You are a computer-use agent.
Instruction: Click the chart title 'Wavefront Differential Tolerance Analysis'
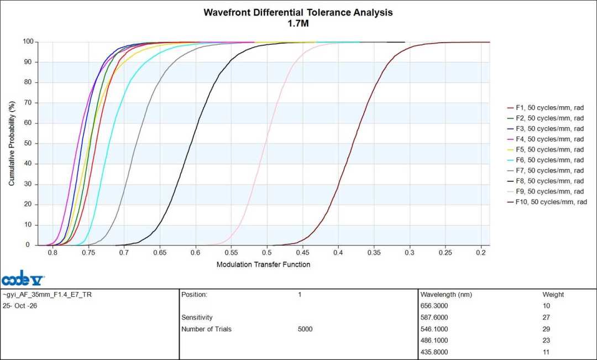click(298, 12)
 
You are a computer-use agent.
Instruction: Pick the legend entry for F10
click(547, 202)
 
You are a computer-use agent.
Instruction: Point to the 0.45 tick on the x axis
click(303, 252)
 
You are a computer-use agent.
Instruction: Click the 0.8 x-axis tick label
click(53, 252)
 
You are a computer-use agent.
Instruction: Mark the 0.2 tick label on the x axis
click(481, 252)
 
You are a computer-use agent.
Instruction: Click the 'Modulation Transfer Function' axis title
click(264, 264)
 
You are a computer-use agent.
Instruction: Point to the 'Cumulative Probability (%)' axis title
click(12, 143)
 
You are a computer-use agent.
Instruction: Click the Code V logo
click(23, 278)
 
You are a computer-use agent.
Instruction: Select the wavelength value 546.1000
click(434, 329)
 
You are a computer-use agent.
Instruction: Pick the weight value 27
click(546, 317)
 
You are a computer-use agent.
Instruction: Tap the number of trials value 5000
click(305, 329)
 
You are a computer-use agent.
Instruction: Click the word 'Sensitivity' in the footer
click(197, 317)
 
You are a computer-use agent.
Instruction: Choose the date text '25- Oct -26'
click(20, 305)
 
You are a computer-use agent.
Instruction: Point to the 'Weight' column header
click(553, 295)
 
